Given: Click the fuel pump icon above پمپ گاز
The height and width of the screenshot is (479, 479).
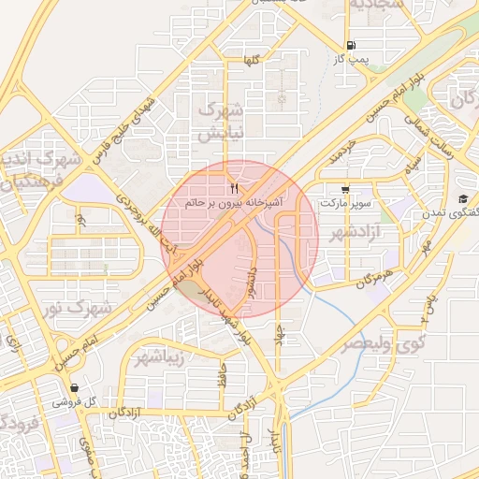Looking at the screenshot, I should (351, 45).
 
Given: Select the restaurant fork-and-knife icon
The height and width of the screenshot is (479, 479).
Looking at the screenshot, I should (222, 190).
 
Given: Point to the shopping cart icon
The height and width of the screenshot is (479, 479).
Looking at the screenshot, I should (347, 188).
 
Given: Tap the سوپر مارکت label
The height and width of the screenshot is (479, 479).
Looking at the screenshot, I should (346, 202).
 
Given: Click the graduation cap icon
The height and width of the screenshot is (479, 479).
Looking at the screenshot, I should (463, 198).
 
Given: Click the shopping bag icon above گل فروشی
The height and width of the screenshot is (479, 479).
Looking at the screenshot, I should (74, 387).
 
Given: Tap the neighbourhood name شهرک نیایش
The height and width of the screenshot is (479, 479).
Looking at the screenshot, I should (222, 121).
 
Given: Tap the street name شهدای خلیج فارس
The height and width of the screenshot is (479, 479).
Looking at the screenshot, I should (120, 138).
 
